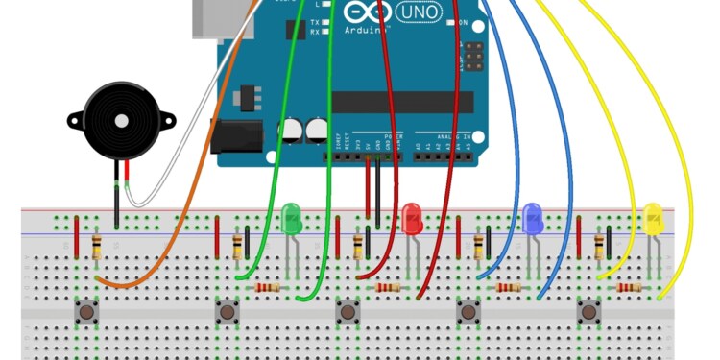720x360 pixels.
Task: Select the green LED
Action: tap(292, 219)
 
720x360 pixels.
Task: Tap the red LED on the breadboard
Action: tap(412, 218)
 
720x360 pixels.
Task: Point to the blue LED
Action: tap(533, 218)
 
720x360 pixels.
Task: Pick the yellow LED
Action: tap(654, 218)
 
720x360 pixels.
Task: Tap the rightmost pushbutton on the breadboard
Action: tap(588, 311)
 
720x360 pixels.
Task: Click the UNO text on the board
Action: tap(419, 14)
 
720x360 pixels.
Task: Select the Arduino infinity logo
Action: tap(364, 13)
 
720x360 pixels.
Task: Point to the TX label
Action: tap(315, 21)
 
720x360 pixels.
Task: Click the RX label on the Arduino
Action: tap(315, 32)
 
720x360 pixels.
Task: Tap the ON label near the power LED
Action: tap(462, 22)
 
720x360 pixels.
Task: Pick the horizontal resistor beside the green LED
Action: tap(267, 287)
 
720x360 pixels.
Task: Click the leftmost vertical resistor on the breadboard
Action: tap(96, 247)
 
